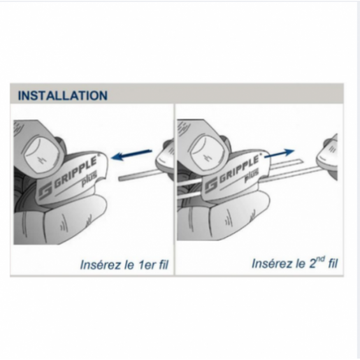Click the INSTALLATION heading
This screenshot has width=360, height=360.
point(63,96)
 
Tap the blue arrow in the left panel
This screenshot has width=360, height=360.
point(131,154)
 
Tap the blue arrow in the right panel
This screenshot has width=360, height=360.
point(280,154)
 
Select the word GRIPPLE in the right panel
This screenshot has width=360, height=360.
point(238,169)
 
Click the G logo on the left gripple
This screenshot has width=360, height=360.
point(45,190)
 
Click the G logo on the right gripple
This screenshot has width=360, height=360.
point(211,187)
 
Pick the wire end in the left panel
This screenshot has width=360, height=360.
point(120,179)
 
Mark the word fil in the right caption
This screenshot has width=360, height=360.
point(333,264)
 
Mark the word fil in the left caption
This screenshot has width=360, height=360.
point(164,265)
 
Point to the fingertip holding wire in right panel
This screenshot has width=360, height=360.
point(327,158)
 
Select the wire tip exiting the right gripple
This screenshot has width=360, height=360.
point(301,161)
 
